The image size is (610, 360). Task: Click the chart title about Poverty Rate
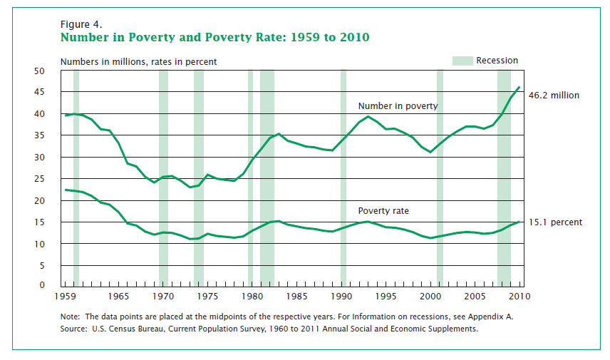pyautogui.click(x=214, y=37)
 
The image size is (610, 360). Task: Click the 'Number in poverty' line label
pyautogui.click(x=398, y=106)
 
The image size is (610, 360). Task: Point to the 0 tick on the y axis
pyautogui.click(x=42, y=286)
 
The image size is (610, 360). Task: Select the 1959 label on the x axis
pyautogui.click(x=66, y=296)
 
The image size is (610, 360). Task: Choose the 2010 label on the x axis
pyautogui.click(x=519, y=296)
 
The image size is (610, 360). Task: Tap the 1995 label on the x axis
pyautogui.click(x=386, y=296)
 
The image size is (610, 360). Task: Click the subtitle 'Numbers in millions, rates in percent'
pyautogui.click(x=138, y=62)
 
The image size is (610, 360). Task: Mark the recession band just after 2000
pyautogui.click(x=440, y=178)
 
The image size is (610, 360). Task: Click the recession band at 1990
pyautogui.click(x=343, y=178)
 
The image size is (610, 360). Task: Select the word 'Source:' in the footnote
pyautogui.click(x=76, y=329)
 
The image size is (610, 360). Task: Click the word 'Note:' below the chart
pyautogui.click(x=72, y=317)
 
